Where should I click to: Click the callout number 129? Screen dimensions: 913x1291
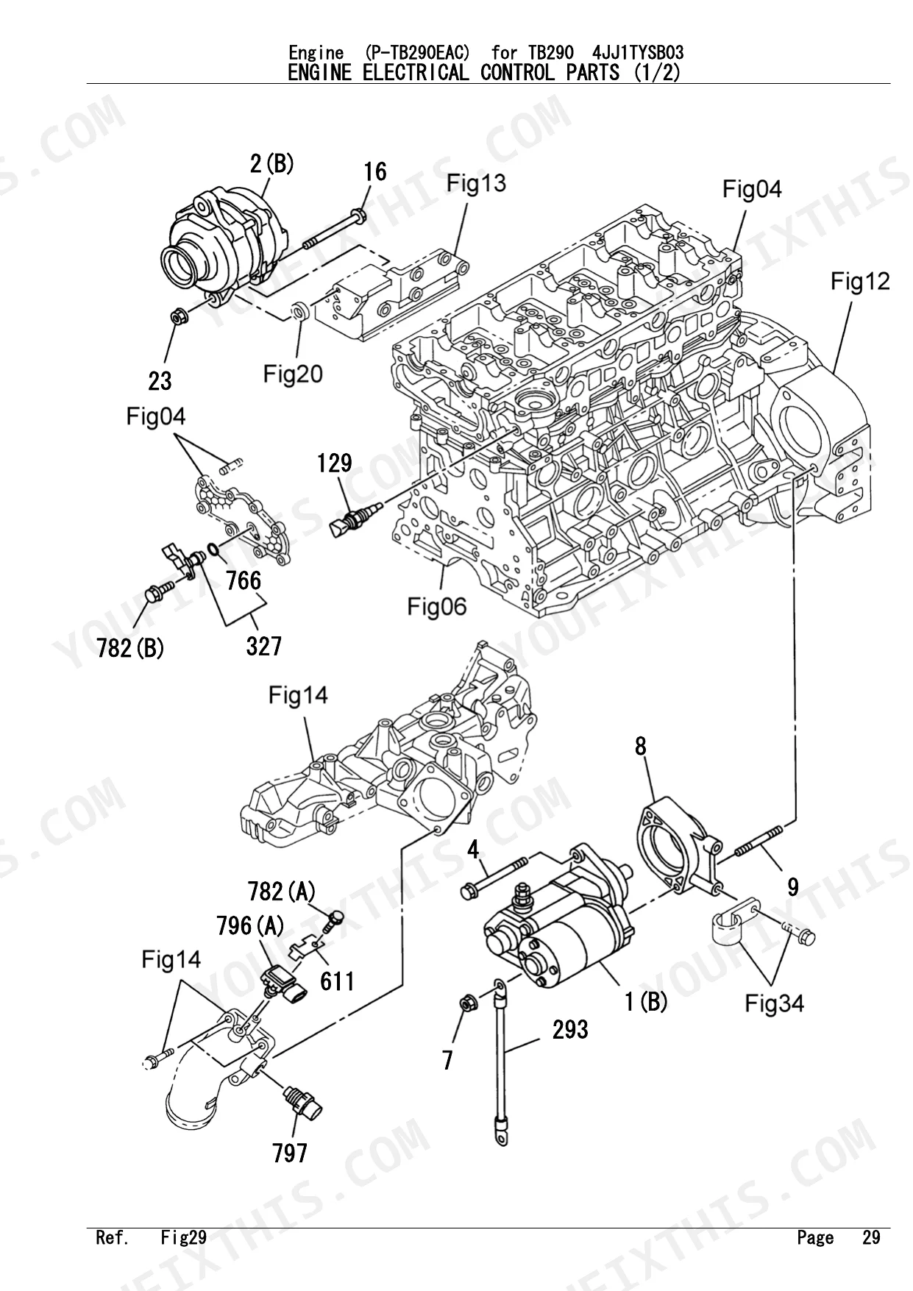(x=335, y=463)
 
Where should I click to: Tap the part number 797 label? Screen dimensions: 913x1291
(x=290, y=1153)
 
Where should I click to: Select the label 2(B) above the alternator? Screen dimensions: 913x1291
(x=271, y=163)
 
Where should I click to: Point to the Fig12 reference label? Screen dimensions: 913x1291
(x=860, y=281)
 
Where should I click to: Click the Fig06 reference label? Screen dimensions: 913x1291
(x=437, y=606)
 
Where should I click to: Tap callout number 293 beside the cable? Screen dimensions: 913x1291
(x=570, y=1029)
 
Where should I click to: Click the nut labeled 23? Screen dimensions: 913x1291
(x=179, y=318)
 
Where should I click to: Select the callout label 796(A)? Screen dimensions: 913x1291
(x=250, y=925)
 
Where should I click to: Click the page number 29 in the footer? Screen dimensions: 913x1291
(x=871, y=1237)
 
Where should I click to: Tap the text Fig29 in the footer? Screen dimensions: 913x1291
(x=184, y=1237)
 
